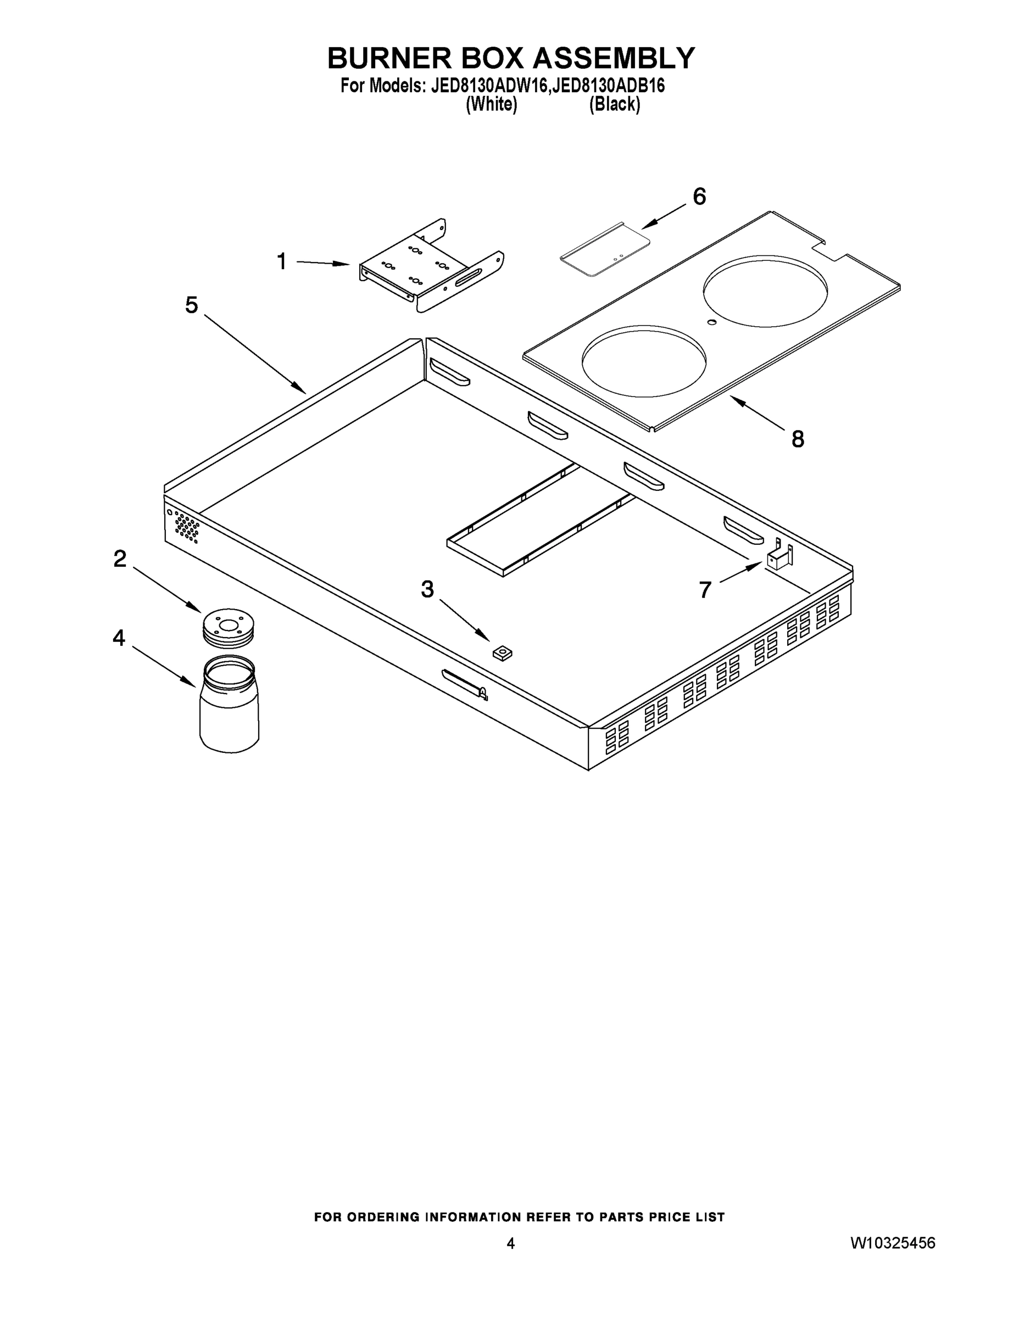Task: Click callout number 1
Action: click(x=281, y=262)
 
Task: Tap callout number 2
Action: click(x=120, y=559)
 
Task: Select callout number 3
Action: click(x=427, y=589)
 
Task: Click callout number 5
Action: click(x=191, y=305)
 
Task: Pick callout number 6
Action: click(x=699, y=197)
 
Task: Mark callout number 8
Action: click(x=798, y=439)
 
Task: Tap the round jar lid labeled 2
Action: click(x=227, y=628)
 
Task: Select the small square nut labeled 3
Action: click(x=502, y=652)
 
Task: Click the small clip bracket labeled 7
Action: click(x=779, y=557)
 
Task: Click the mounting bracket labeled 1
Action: click(x=422, y=269)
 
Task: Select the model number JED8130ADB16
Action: click(x=609, y=86)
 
